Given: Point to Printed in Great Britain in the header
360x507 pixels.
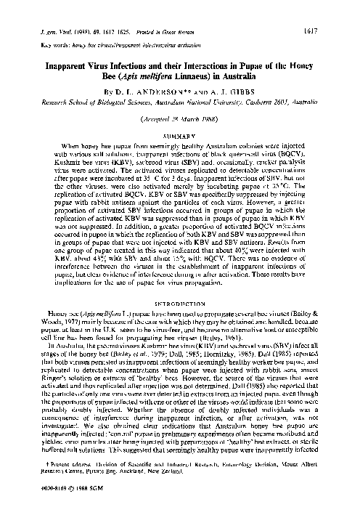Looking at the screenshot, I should [x=160, y=12].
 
